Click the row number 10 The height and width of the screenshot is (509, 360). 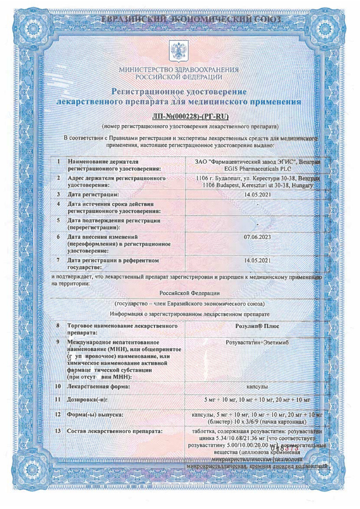tap(59, 386)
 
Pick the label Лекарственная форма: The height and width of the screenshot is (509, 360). tap(98, 386)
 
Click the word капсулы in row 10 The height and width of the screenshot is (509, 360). tap(257, 387)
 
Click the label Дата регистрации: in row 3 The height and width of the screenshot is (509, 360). tap(93, 194)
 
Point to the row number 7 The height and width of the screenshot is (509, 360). tap(59, 260)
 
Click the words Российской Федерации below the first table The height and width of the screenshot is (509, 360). tap(190, 293)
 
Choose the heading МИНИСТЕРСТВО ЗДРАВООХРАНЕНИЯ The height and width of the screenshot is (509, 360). tap(179, 70)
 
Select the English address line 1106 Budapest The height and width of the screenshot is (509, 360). tap(258, 185)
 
